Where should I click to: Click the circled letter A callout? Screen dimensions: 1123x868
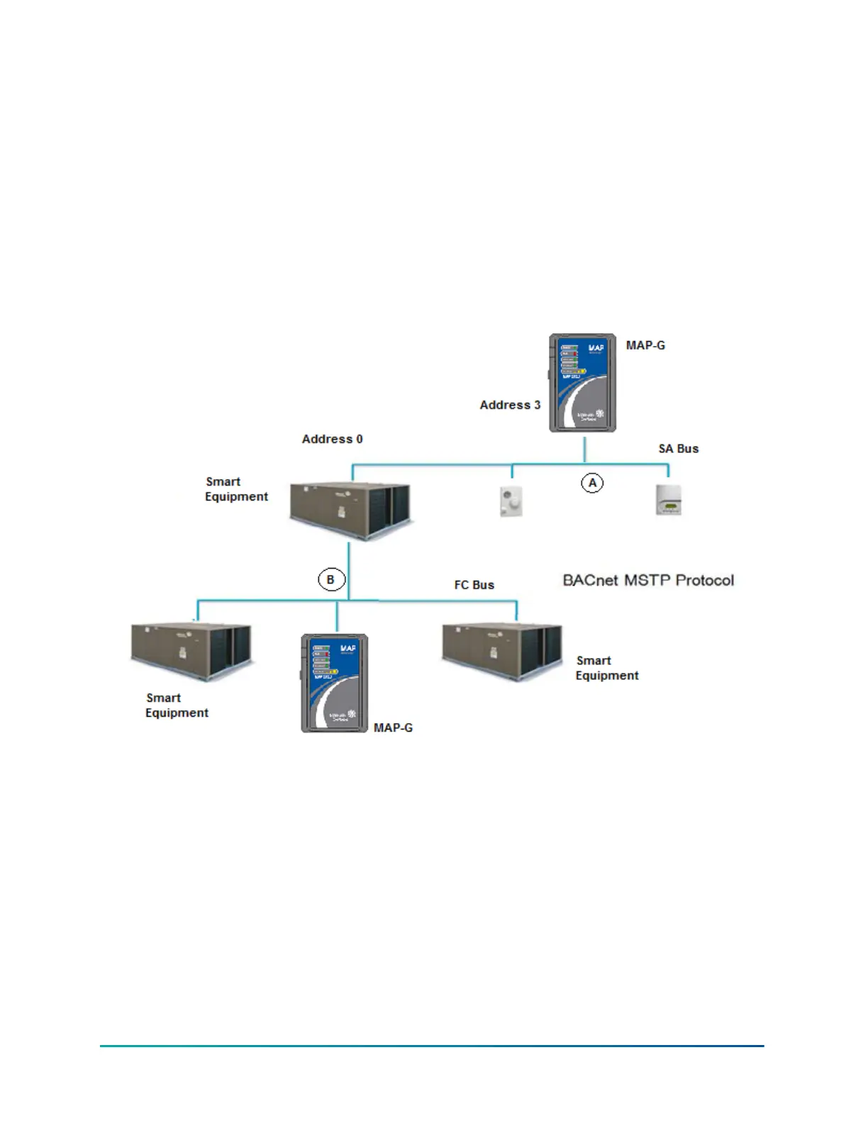[592, 483]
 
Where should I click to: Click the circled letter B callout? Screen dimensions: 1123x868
[330, 579]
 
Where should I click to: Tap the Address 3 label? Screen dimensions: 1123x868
[510, 405]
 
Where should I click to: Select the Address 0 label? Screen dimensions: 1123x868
[332, 439]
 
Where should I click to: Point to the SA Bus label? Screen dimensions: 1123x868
[679, 449]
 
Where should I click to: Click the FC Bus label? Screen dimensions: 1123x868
[474, 585]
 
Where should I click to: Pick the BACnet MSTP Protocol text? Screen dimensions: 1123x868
[648, 580]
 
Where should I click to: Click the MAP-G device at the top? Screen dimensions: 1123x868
[582, 383]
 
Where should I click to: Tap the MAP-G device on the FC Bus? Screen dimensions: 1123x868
[335, 683]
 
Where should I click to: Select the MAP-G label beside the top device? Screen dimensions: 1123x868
[645, 345]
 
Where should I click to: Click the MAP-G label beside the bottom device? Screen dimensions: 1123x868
[393, 727]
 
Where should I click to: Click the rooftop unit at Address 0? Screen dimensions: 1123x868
[350, 510]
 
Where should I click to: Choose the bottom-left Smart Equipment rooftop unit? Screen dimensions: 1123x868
[191, 650]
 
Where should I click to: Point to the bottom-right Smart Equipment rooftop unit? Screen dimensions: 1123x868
[502, 652]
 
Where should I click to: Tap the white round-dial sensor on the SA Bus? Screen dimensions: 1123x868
[511, 501]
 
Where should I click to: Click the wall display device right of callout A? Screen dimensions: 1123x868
[668, 500]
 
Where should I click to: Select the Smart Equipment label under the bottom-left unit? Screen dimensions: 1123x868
[177, 705]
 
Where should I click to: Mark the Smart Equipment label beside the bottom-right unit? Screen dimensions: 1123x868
[607, 668]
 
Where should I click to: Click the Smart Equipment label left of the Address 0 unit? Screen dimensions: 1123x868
[236, 489]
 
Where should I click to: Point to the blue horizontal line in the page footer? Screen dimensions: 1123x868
[431, 1046]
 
